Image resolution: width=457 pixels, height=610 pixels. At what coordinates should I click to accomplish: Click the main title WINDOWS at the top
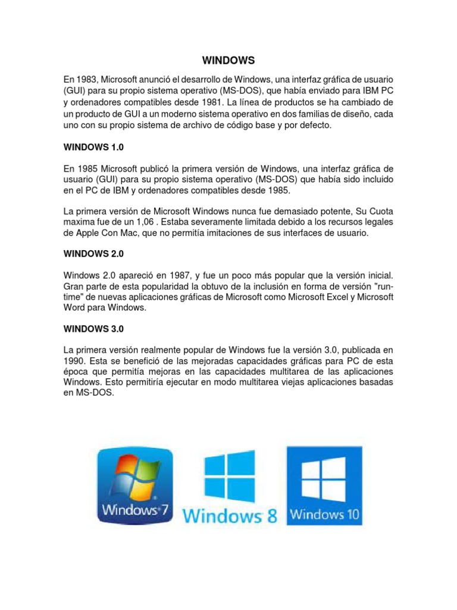[x=228, y=60]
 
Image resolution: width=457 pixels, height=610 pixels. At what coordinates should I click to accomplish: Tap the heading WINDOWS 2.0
[x=93, y=253]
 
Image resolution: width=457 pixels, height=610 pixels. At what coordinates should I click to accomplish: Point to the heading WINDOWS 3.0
[x=93, y=328]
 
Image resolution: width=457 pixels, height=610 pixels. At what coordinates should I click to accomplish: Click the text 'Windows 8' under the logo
[x=230, y=516]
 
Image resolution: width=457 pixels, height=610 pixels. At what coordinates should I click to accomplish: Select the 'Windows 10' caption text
[x=324, y=513]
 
